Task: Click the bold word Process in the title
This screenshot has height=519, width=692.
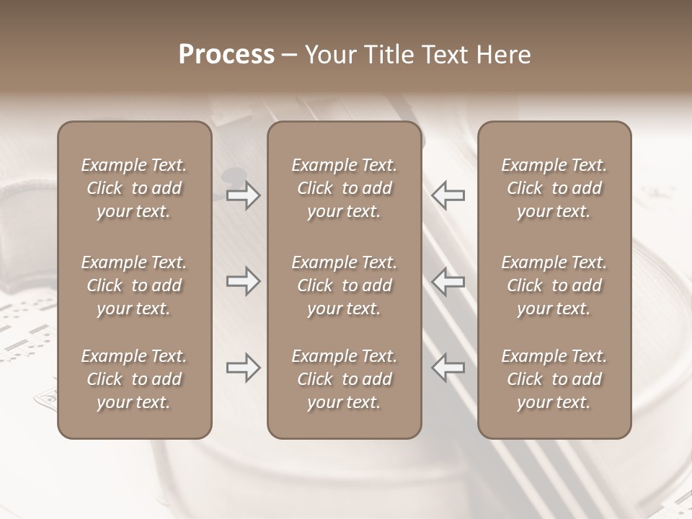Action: coord(226,55)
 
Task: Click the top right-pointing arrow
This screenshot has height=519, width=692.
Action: coord(244,195)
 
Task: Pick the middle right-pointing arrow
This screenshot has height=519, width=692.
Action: coord(244,281)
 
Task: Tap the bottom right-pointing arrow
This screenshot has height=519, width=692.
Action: coord(244,368)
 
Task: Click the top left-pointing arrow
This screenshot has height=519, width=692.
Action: coord(448,195)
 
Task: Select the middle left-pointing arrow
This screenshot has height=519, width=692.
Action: coord(448,281)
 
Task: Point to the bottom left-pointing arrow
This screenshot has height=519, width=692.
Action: coord(448,368)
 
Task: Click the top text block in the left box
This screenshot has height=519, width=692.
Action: coord(134,188)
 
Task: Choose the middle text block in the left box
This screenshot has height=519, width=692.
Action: coord(134,285)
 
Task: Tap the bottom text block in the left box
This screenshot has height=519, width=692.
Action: coord(134,379)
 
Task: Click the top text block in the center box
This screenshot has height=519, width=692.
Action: coord(345,188)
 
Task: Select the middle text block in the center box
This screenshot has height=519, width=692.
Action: coord(345,285)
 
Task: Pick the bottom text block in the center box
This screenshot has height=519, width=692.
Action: coord(345,379)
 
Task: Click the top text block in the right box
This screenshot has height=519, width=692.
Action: coord(554,188)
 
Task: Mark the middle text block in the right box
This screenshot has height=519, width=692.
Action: coord(554,285)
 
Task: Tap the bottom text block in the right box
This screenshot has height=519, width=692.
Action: coord(554,379)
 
